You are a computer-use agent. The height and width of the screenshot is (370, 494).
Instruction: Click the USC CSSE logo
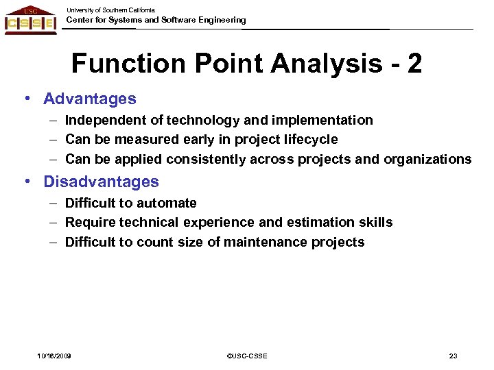[30, 20]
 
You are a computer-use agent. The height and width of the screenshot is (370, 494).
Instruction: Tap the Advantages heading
[90, 99]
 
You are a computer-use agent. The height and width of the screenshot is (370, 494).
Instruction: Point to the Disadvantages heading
[101, 182]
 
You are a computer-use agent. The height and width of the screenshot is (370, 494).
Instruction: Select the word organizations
[427, 160]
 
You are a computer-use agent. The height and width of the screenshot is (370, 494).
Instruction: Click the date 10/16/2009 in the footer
[54, 356]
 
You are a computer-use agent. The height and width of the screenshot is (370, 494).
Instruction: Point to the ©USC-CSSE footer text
[246, 356]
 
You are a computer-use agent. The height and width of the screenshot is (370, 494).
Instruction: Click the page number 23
[453, 356]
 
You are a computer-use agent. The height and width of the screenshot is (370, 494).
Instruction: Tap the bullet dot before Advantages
[26, 98]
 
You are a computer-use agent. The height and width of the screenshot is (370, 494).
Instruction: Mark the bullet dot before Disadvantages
[26, 181]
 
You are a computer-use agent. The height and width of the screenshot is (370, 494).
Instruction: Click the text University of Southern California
[110, 10]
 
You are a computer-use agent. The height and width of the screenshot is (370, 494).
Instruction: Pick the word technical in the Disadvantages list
[145, 223]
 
